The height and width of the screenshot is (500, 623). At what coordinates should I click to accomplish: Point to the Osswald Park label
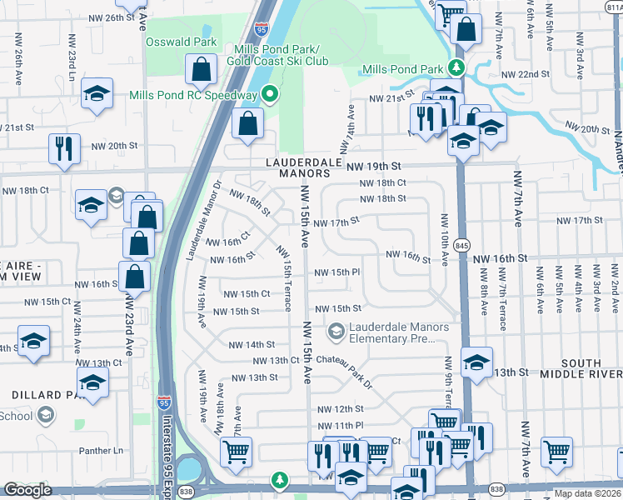pyautogui.click(x=181, y=41)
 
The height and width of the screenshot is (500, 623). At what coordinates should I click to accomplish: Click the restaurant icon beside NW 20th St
pyautogui.click(x=64, y=147)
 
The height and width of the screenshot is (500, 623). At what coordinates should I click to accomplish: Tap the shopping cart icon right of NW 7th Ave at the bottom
pyautogui.click(x=556, y=451)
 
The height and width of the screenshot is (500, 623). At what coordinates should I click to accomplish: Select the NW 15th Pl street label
pyautogui.click(x=336, y=272)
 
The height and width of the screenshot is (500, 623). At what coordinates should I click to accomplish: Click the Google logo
pyautogui.click(x=27, y=490)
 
